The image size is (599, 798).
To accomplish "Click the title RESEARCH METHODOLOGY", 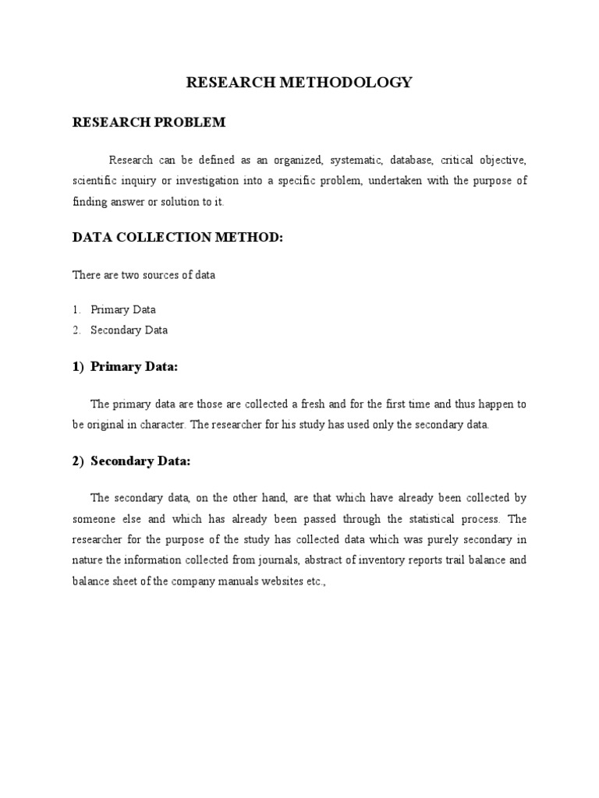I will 299,83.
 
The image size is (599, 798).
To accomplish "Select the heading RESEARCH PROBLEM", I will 149,122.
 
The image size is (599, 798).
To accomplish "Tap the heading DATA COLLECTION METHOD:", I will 177,238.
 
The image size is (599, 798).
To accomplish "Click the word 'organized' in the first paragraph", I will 296,161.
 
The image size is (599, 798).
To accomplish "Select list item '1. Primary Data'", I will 115,309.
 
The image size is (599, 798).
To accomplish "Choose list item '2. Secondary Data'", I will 120,330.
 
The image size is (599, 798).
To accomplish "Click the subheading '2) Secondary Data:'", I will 131,461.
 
